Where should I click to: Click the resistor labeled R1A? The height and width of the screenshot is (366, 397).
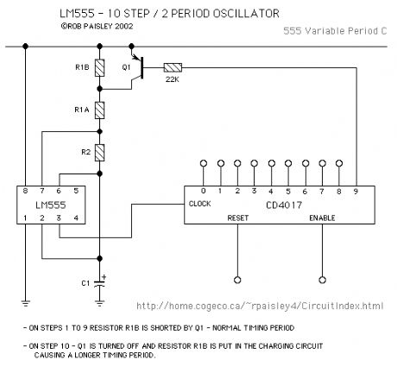[x=100, y=110]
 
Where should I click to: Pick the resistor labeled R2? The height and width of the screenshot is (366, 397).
[x=100, y=153]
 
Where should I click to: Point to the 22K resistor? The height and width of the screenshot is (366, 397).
[x=173, y=66]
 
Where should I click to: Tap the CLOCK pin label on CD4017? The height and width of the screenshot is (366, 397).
[x=200, y=205]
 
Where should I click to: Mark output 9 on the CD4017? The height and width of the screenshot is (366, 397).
[x=355, y=191]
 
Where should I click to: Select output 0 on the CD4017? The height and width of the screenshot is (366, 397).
[x=204, y=191]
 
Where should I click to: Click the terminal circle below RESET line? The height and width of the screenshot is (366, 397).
[x=237, y=278]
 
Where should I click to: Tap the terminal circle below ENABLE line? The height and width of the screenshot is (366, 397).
[x=323, y=278]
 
